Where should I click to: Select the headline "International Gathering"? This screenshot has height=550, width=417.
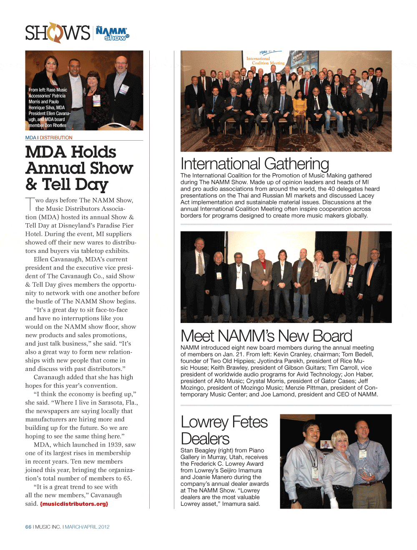254,164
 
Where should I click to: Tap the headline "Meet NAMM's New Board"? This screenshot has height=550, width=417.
266,336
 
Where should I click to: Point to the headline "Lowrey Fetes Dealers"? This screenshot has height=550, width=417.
224,430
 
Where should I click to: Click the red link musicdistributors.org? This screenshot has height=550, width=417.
74,504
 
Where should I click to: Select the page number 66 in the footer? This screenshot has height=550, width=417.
28,527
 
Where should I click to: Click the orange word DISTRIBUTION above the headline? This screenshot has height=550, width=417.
56,138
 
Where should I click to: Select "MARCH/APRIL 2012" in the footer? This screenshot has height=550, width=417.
87,527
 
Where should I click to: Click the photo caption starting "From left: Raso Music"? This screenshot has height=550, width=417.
48,107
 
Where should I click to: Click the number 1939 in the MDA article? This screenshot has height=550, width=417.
116,445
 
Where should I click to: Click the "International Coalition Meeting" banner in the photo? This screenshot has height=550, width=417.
265,61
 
